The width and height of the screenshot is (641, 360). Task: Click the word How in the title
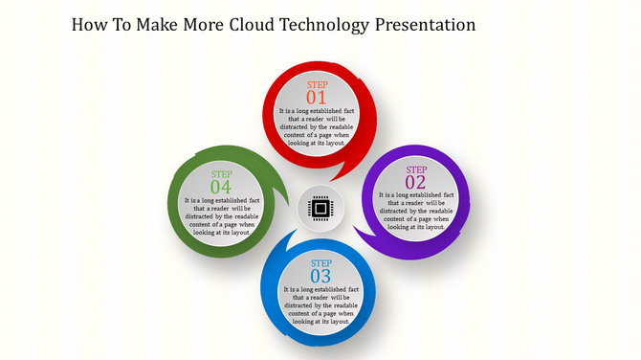coord(92,24)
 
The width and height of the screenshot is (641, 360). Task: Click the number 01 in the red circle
coord(317,98)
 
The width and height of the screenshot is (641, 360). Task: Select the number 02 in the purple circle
coord(415,182)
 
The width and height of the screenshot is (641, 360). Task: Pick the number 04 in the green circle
coord(221,187)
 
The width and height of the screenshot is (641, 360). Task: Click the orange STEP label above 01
coord(317,85)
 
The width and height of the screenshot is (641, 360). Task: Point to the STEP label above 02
coord(416,169)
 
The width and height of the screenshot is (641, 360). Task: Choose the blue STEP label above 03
coord(320,262)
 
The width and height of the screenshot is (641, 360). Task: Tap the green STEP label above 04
coord(221,174)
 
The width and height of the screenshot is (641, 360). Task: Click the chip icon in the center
coord(320,208)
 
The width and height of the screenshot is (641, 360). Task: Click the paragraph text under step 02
coord(416,211)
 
